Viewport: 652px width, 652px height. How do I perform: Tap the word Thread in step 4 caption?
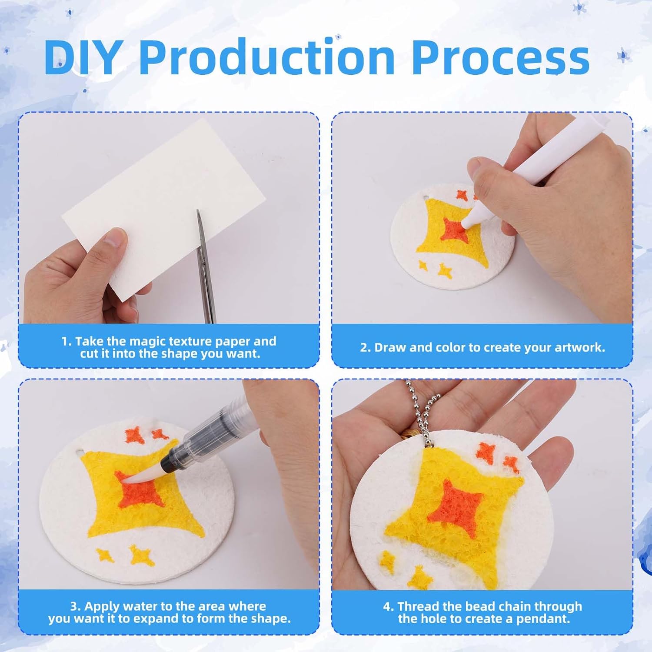(x=418, y=606)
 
